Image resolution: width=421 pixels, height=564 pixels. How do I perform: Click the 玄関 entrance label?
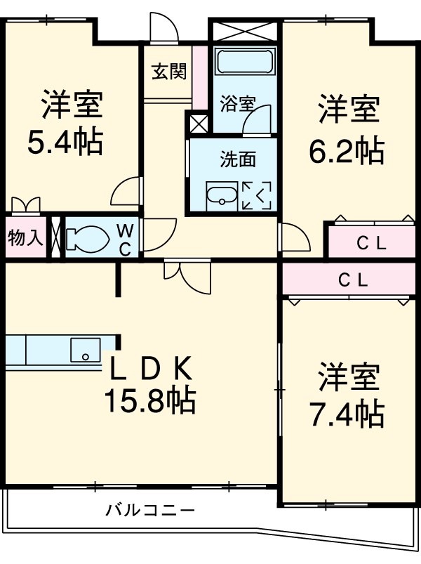168,72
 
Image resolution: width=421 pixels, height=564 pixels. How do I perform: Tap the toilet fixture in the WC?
88,238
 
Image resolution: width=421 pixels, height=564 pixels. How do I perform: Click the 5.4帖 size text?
65,143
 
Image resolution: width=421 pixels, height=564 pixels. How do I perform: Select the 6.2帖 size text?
347,150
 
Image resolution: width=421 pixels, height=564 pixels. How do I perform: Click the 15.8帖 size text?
149,401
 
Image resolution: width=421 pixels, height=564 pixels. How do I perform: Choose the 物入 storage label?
25,238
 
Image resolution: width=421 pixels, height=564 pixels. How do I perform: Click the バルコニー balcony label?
149,510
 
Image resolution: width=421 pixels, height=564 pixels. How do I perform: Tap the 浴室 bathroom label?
237,104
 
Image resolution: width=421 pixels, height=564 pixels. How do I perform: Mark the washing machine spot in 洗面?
257,195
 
